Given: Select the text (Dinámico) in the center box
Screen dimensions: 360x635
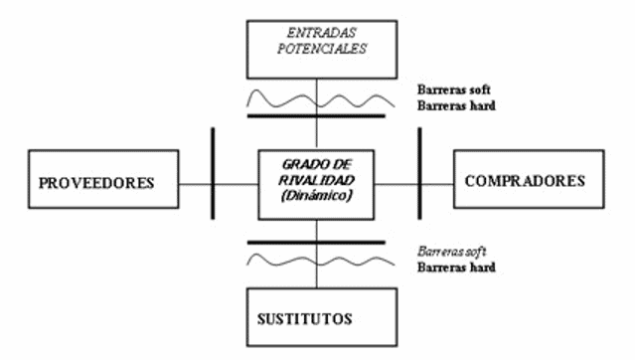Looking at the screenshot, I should [316, 196].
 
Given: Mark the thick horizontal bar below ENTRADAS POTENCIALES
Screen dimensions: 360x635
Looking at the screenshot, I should [316, 115].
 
